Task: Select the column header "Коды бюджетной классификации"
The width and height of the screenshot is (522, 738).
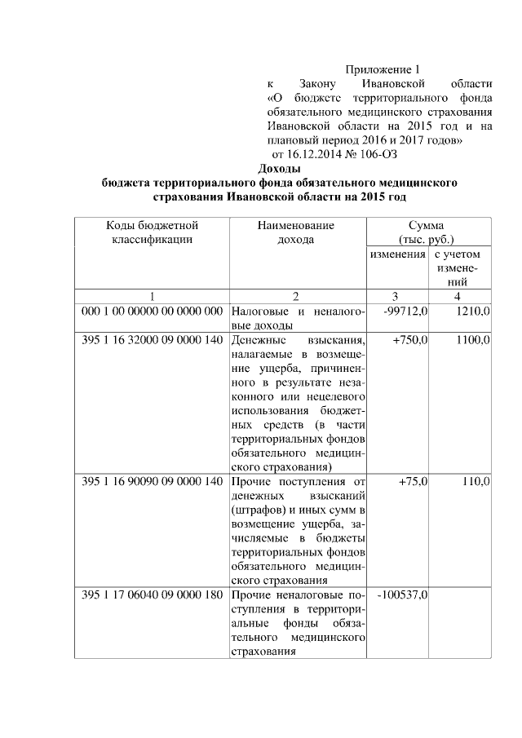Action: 152,232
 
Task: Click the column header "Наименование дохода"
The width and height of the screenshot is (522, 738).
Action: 295,232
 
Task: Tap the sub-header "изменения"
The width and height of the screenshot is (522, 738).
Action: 397,254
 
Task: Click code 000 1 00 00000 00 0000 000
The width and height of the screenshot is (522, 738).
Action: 152,312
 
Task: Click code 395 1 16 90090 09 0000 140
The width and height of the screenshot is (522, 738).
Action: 152,482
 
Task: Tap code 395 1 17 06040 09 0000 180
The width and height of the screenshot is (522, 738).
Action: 152,594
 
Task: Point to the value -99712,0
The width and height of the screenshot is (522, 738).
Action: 405,312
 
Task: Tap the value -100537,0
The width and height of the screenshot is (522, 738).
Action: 403,594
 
